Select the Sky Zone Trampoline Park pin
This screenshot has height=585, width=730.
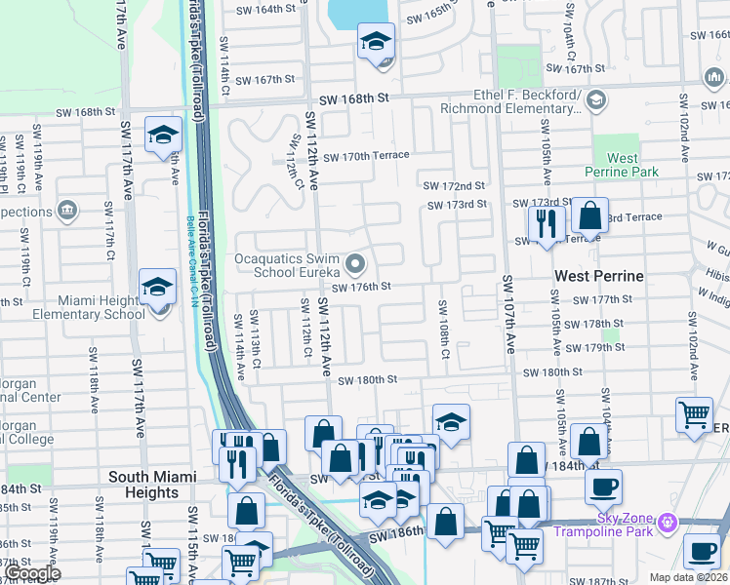(667, 523)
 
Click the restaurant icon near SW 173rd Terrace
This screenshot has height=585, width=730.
(547, 223)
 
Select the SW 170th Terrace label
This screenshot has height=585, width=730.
(366, 156)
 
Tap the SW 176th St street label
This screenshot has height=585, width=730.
(361, 287)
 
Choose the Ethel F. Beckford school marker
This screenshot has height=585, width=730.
(595, 99)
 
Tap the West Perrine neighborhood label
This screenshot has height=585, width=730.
(598, 276)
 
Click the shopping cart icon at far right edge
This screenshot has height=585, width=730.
(694, 413)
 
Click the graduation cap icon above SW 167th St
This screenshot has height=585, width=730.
(376, 42)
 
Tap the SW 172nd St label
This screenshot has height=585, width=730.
(454, 185)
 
